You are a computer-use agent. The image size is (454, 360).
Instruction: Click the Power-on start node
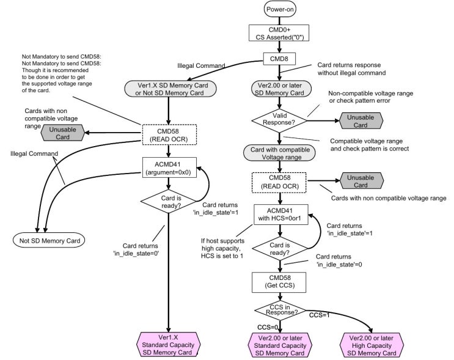(x=280, y=9)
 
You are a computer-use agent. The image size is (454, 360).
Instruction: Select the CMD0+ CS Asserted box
(x=279, y=33)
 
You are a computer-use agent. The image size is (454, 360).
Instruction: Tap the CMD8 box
(x=279, y=59)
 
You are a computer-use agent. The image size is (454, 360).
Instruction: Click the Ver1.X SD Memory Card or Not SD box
(x=170, y=89)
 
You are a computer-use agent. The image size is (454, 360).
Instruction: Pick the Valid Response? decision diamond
(x=279, y=119)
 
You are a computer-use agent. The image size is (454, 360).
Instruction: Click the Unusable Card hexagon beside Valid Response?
(x=361, y=121)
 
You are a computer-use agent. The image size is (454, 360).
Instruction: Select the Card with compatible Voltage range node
(x=279, y=153)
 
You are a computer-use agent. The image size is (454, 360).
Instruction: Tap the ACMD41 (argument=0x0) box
(x=169, y=167)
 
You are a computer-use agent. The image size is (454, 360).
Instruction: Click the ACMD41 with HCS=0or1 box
(x=280, y=215)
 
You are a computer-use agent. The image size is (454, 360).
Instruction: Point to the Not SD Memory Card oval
(x=49, y=240)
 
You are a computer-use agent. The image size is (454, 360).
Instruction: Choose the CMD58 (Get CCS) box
(x=279, y=282)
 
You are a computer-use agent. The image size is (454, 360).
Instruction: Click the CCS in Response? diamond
(x=280, y=310)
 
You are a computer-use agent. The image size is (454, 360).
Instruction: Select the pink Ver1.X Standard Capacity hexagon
(x=168, y=344)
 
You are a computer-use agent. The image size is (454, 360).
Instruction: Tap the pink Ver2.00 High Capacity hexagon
(x=372, y=345)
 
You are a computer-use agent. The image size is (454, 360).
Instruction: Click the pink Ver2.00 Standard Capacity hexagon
(x=280, y=345)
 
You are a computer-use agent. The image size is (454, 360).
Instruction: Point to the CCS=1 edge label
(x=320, y=315)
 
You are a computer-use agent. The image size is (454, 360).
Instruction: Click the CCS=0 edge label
(x=268, y=327)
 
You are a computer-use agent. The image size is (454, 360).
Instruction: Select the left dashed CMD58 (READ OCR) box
(x=169, y=134)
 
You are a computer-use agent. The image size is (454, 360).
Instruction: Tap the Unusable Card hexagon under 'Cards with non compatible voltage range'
(x=63, y=133)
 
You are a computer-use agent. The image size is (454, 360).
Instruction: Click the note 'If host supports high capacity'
(x=222, y=248)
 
